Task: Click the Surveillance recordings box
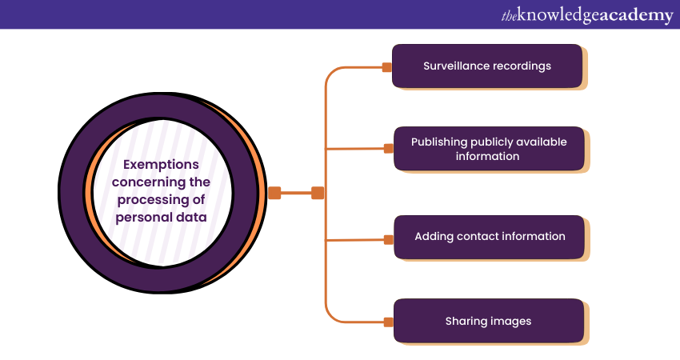pyautogui.click(x=486, y=66)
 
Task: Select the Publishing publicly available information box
pyautogui.click(x=488, y=149)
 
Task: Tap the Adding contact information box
pyautogui.click(x=489, y=237)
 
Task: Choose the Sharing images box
pyautogui.click(x=488, y=321)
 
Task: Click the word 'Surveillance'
pyautogui.click(x=455, y=66)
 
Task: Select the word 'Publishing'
pyautogui.click(x=440, y=142)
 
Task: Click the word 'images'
pyautogui.click(x=511, y=321)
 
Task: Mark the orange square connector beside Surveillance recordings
pyautogui.click(x=387, y=67)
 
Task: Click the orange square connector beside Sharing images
pyautogui.click(x=388, y=322)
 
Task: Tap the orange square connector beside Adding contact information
pyautogui.click(x=388, y=239)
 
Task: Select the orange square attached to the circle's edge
pyautogui.click(x=274, y=193)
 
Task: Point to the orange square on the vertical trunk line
pyautogui.click(x=318, y=193)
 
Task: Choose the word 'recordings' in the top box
pyautogui.click(x=520, y=66)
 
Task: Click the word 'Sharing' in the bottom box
pyautogui.click(x=466, y=321)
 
